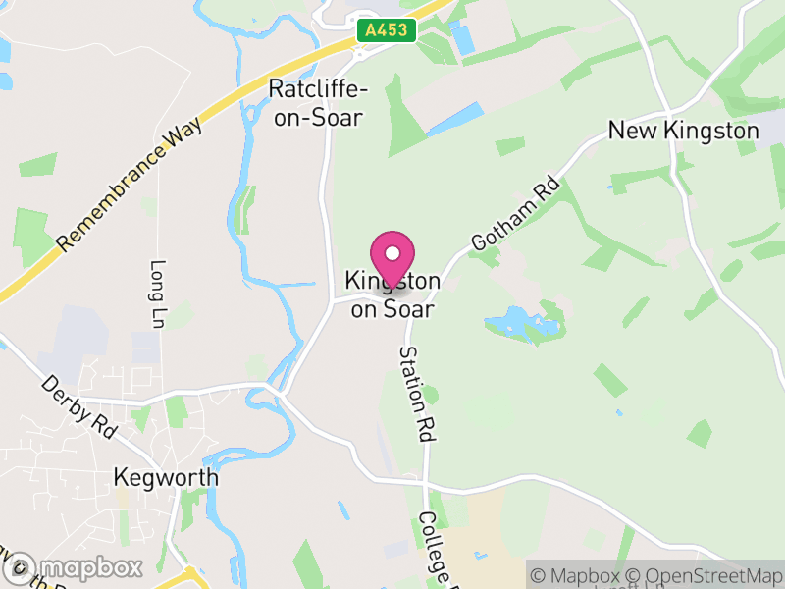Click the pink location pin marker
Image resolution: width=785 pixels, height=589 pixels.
tap(392, 260)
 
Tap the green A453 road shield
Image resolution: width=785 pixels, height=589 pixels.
tap(385, 30)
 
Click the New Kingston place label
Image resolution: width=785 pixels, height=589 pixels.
tap(683, 131)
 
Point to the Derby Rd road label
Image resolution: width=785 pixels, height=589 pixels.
tap(78, 407)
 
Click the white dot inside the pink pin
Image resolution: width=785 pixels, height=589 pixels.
tap(392, 253)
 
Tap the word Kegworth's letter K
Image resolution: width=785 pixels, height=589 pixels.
tap(121, 478)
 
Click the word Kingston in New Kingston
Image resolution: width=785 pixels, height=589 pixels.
tap(708, 131)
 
